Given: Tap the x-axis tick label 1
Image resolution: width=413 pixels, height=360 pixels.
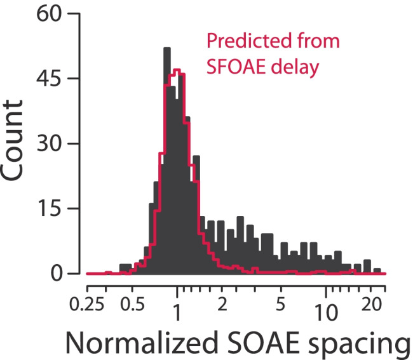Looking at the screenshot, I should click(x=177, y=312).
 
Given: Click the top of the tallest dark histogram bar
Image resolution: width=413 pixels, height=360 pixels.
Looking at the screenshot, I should click(x=166, y=48).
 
